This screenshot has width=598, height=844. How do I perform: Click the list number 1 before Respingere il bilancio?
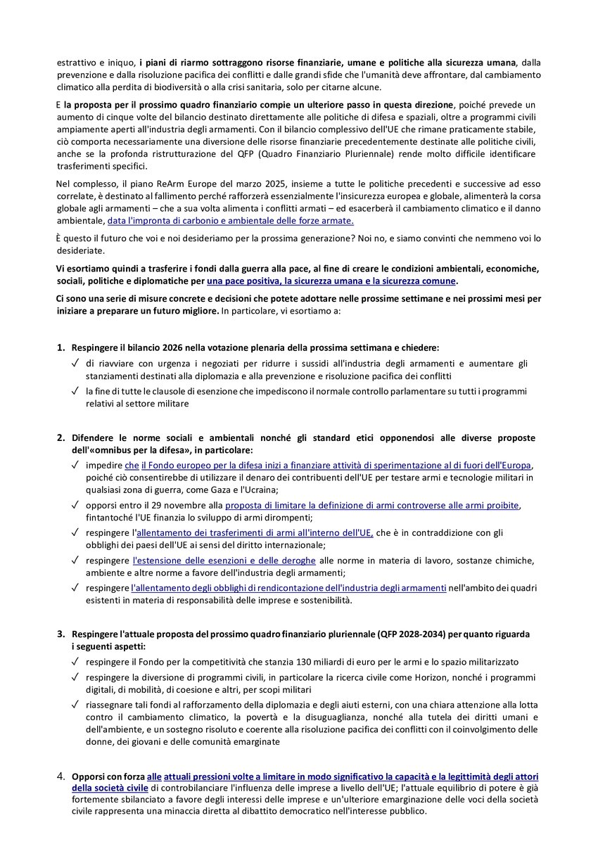[61, 347]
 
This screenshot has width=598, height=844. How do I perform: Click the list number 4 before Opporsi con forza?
[61, 776]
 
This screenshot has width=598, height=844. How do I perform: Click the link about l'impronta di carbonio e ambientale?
[230, 221]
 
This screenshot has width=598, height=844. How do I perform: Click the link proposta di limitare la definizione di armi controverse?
[372, 505]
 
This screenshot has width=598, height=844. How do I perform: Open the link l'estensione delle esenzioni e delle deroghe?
[224, 560]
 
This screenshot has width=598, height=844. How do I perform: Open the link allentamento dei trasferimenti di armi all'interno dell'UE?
[253, 532]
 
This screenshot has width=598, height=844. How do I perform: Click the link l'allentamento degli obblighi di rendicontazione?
[288, 587]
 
